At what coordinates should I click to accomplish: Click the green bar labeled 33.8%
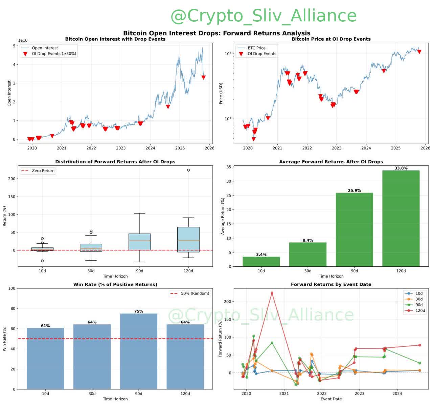click(x=401, y=218)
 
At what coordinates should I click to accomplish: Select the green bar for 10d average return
click(x=261, y=261)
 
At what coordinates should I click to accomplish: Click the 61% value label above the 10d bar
click(x=45, y=326)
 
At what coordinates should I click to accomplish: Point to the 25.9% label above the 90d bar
click(x=354, y=190)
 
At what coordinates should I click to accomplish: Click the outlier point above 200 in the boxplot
click(x=188, y=170)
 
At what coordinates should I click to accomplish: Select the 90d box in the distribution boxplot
click(x=140, y=242)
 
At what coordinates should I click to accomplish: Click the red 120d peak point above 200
click(x=272, y=293)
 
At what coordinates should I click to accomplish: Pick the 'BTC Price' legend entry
click(x=256, y=48)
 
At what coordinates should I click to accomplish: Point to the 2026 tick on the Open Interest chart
click(x=209, y=148)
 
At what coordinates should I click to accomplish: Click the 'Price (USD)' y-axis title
click(x=221, y=93)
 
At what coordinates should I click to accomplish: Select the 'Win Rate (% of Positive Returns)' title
click(x=115, y=284)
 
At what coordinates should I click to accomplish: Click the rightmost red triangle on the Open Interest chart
click(x=204, y=78)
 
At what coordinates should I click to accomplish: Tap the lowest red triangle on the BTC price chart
click(x=254, y=139)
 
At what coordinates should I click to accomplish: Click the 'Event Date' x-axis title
click(x=331, y=399)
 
